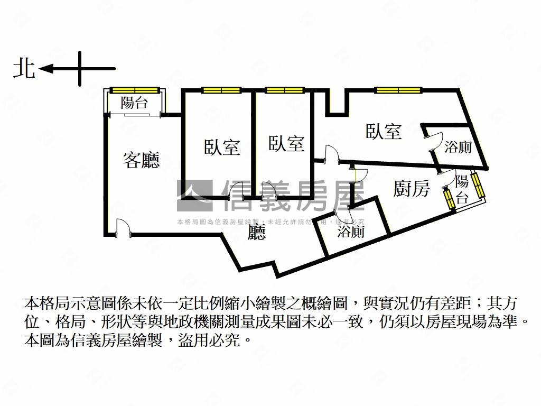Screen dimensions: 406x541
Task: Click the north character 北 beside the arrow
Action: [x=24, y=69]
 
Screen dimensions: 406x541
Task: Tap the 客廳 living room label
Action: [x=141, y=160]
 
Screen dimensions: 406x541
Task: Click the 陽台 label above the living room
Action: [x=134, y=103]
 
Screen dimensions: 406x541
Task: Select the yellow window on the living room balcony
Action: [x=134, y=90]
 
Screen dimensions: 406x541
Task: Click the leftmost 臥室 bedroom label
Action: [x=222, y=147]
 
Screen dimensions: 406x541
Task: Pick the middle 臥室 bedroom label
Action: [x=286, y=143]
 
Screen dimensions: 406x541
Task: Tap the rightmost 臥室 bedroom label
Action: [x=384, y=131]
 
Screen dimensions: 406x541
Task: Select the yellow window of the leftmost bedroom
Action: [x=221, y=90]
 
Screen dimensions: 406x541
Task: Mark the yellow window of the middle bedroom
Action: [x=282, y=90]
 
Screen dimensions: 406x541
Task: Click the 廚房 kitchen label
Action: [x=412, y=189]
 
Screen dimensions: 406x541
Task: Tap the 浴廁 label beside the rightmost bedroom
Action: [x=458, y=147]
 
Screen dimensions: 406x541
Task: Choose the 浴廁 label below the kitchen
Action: [x=351, y=231]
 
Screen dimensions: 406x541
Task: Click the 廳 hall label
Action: [x=257, y=233]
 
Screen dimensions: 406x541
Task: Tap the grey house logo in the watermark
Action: [x=194, y=196]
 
